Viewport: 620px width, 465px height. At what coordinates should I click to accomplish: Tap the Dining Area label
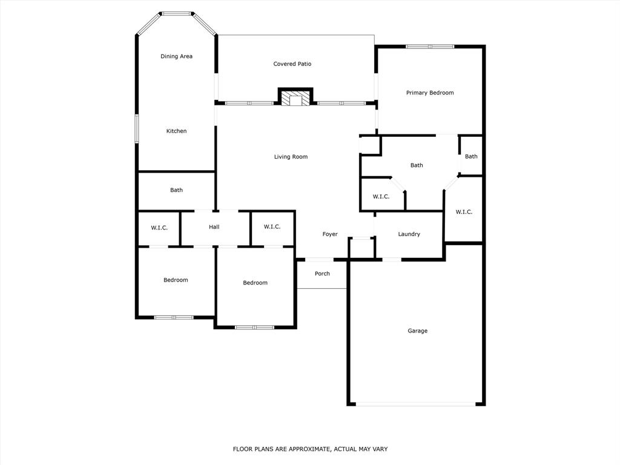pyautogui.click(x=176, y=56)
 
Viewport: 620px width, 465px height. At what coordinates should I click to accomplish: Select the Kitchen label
pyautogui.click(x=176, y=131)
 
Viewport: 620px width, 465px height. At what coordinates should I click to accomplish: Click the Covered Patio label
pyautogui.click(x=292, y=64)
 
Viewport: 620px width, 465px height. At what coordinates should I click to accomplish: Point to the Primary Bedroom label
pyautogui.click(x=429, y=93)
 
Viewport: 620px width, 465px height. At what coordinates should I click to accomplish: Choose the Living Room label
pyautogui.click(x=291, y=157)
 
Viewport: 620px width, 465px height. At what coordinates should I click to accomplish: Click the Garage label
pyautogui.click(x=417, y=331)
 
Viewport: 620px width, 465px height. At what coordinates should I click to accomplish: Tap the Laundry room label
pyautogui.click(x=409, y=234)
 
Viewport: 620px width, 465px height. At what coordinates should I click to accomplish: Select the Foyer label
pyautogui.click(x=329, y=234)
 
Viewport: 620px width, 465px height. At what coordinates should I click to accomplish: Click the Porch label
pyautogui.click(x=322, y=274)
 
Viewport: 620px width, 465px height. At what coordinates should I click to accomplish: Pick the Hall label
pyautogui.click(x=214, y=227)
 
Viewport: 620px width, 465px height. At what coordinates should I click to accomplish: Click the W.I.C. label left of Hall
pyautogui.click(x=159, y=228)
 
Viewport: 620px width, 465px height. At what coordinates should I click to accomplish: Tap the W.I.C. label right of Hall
pyautogui.click(x=272, y=226)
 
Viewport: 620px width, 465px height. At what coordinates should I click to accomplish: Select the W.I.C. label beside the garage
pyautogui.click(x=464, y=212)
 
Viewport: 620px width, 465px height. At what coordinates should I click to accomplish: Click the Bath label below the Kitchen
pyautogui.click(x=176, y=190)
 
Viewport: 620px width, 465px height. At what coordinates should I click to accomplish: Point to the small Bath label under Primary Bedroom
pyautogui.click(x=470, y=156)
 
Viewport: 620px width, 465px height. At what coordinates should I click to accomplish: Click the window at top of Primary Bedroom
pyautogui.click(x=430, y=46)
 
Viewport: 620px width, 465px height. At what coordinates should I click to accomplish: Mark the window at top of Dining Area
pyautogui.click(x=176, y=13)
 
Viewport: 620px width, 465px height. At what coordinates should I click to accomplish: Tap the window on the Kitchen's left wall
pyautogui.click(x=136, y=129)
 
